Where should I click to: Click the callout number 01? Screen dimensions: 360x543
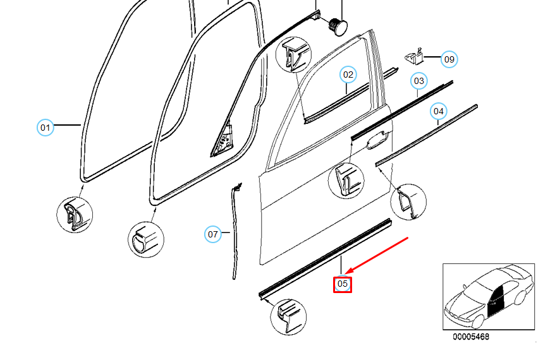[44, 128]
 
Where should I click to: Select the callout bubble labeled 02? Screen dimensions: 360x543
[348, 75]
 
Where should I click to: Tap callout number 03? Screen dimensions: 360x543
[418, 81]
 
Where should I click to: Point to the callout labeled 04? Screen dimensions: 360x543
[438, 112]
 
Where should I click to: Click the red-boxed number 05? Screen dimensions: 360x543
[342, 285]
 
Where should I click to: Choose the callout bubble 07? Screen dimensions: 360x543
[213, 234]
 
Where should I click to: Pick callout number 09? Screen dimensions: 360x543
[448, 59]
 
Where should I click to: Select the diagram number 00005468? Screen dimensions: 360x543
[470, 337]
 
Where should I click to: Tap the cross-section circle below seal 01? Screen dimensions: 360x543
[74, 215]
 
